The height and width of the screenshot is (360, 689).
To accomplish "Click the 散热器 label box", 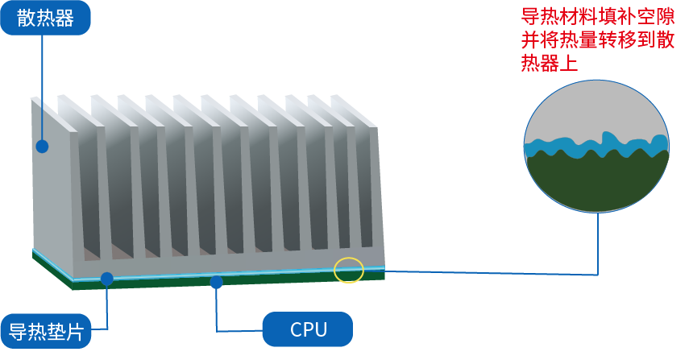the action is pyautogui.click(x=45, y=18).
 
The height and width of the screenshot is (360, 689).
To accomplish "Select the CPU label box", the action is pyautogui.click(x=308, y=329).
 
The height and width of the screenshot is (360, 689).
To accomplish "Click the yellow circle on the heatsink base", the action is pyautogui.click(x=349, y=270).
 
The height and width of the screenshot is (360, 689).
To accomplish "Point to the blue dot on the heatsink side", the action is pyautogui.click(x=42, y=147).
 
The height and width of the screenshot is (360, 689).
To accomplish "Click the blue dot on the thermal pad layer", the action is pyautogui.click(x=107, y=279).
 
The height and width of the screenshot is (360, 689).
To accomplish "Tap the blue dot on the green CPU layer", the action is pyautogui.click(x=216, y=283).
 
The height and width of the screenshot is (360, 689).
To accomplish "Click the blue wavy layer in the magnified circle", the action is pyautogui.click(x=596, y=147).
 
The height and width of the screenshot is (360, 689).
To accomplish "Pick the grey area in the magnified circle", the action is pyautogui.click(x=596, y=110).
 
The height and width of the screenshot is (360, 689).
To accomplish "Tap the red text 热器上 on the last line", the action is pyautogui.click(x=550, y=63).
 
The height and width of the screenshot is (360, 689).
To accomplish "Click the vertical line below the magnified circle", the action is pyautogui.click(x=598, y=244).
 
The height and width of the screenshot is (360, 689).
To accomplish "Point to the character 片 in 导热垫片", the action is pyautogui.click(x=75, y=332).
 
